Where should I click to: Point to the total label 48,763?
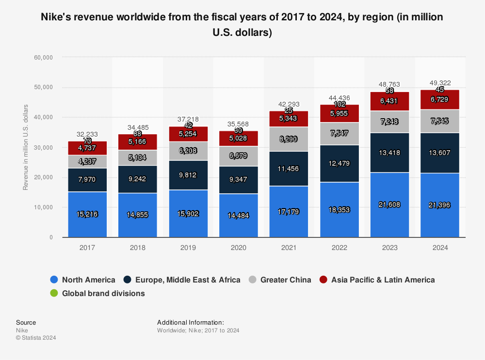click(x=389, y=83)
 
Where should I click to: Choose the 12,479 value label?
click(x=339, y=164)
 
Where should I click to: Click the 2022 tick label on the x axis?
click(x=339, y=247)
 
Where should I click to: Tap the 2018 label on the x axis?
click(x=138, y=247)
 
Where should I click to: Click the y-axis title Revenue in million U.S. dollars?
click(x=25, y=147)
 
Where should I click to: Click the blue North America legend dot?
click(x=54, y=280)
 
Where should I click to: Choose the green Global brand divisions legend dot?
click(x=54, y=293)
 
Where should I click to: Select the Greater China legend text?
click(x=286, y=280)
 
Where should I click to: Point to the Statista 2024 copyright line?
click(x=36, y=338)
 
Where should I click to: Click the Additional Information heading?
click(x=191, y=322)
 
